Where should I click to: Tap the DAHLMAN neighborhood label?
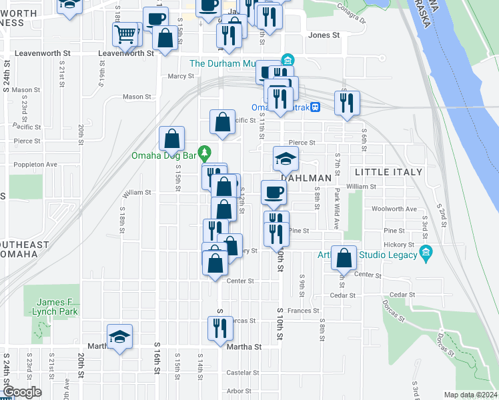point(306,179)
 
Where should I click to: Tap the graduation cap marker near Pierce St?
point(286,159)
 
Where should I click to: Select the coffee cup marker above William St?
point(274,193)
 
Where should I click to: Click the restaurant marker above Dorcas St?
point(220,328)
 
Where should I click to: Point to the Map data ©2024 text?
point(470,395)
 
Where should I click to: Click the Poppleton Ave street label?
point(37,163)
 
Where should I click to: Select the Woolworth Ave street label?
point(394,209)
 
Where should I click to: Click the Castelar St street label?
point(239,372)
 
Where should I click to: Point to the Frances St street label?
point(304,311)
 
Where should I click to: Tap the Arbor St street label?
point(238,391)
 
